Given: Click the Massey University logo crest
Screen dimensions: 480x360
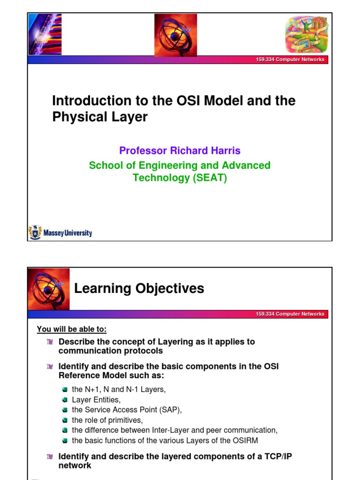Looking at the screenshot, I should (35, 232).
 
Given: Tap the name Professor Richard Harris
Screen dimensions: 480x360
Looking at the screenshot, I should (180, 150).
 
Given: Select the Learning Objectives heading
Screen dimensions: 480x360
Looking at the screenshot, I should (139, 288).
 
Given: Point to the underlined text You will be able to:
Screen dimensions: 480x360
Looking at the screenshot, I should (72, 330).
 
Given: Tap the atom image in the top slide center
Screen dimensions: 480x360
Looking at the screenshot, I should (176, 35).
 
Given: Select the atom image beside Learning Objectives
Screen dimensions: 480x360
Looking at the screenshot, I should (49, 289).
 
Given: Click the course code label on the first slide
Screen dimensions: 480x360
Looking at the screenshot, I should (290, 60).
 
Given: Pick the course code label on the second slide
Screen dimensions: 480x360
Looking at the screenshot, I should (290, 314).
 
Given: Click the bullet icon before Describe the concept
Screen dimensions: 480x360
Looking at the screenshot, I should (50, 342).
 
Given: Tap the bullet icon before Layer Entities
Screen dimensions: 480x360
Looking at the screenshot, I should (65, 400).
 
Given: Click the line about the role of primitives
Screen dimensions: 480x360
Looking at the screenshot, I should (107, 420).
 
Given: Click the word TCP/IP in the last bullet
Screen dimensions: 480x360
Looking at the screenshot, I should (275, 457).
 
